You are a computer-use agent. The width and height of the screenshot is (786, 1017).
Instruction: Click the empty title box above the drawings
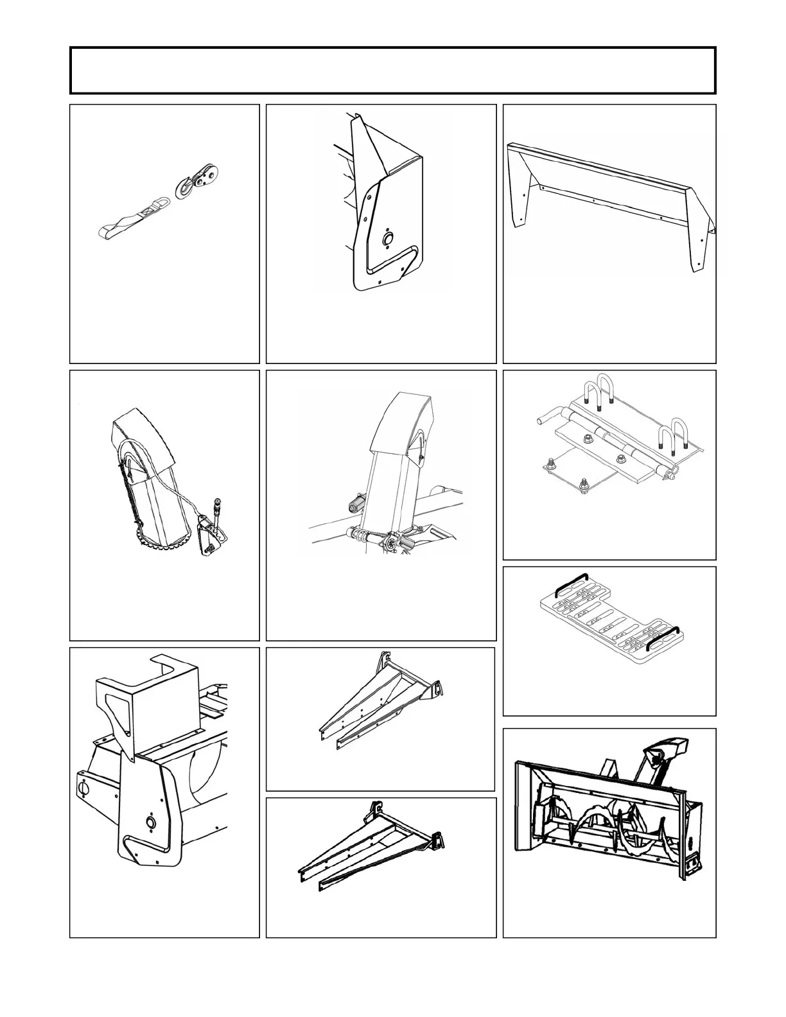(392, 71)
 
